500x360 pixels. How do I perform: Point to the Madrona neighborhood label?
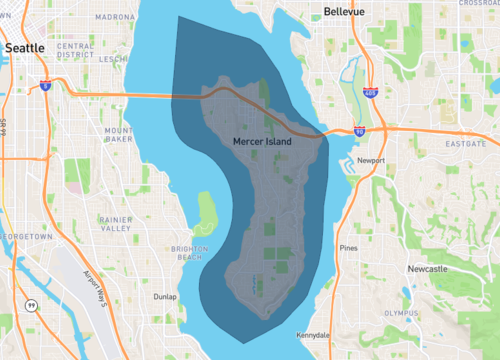[x=115, y=17]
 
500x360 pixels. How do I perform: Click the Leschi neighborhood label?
[x=112, y=59]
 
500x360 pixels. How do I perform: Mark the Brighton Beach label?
[x=190, y=252]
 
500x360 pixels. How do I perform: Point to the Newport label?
[x=372, y=160]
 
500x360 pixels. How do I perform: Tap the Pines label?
[x=348, y=247]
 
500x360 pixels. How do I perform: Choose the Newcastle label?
[x=428, y=269]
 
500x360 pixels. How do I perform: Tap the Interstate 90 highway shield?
[x=359, y=131]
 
